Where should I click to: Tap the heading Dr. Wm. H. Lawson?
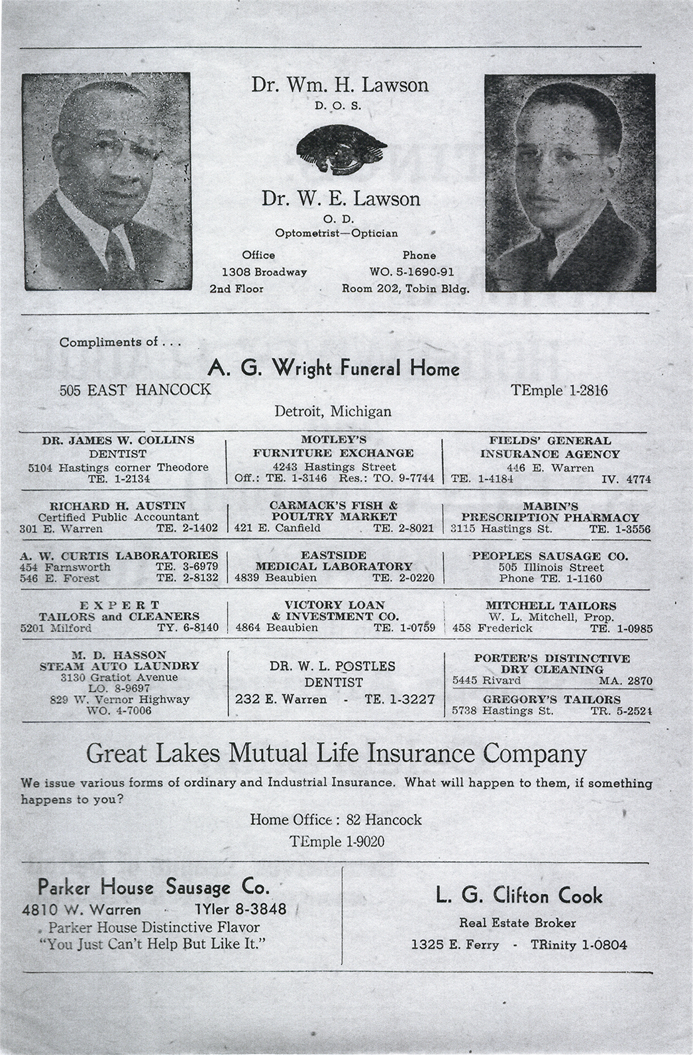pyautogui.click(x=339, y=85)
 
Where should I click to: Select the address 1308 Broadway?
pyautogui.click(x=264, y=272)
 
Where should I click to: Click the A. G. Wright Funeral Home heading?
pyautogui.click(x=334, y=368)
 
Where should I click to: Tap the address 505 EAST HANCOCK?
pyautogui.click(x=135, y=390)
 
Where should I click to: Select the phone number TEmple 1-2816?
pyautogui.click(x=559, y=390)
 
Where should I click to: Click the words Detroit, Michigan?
pyautogui.click(x=333, y=411)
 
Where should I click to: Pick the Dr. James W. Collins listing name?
pyautogui.click(x=118, y=440)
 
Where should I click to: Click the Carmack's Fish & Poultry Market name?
pyautogui.click(x=333, y=511)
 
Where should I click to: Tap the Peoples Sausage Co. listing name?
pyautogui.click(x=549, y=556)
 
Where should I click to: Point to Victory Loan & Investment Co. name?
pyautogui.click(x=334, y=610)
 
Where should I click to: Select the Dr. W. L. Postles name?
pyautogui.click(x=333, y=666)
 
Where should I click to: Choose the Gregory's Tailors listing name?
pyautogui.click(x=552, y=699)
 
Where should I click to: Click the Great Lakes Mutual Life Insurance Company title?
pyautogui.click(x=337, y=754)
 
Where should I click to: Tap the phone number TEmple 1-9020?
pyautogui.click(x=337, y=842)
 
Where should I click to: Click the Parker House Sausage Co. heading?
pyautogui.click(x=154, y=887)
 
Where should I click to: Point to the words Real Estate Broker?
pyautogui.click(x=517, y=922)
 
